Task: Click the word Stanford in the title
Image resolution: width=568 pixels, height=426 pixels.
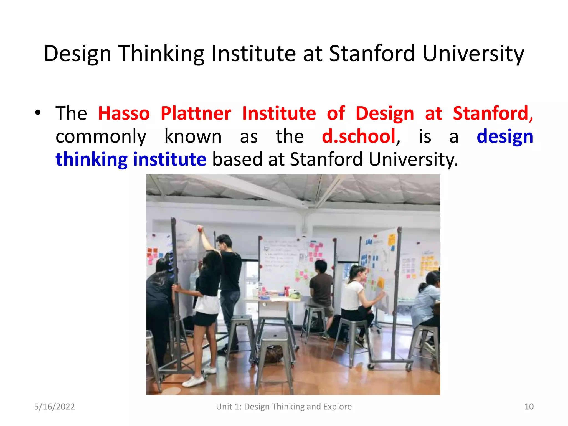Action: (372, 53)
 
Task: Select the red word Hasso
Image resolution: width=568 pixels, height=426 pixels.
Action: (124, 113)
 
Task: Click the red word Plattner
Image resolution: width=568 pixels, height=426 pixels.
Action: (196, 113)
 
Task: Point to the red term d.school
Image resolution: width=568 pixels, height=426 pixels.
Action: (359, 136)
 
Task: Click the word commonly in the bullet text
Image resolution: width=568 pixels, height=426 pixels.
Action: (101, 137)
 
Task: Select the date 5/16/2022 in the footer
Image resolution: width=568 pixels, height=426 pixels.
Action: (54, 407)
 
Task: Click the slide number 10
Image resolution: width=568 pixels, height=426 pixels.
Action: (529, 407)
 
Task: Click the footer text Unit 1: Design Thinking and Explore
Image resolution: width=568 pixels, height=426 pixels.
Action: (284, 407)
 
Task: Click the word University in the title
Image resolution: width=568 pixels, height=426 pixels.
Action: (473, 53)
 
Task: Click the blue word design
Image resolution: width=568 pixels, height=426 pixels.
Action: (505, 137)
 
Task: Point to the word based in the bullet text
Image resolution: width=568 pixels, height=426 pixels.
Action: (237, 159)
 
